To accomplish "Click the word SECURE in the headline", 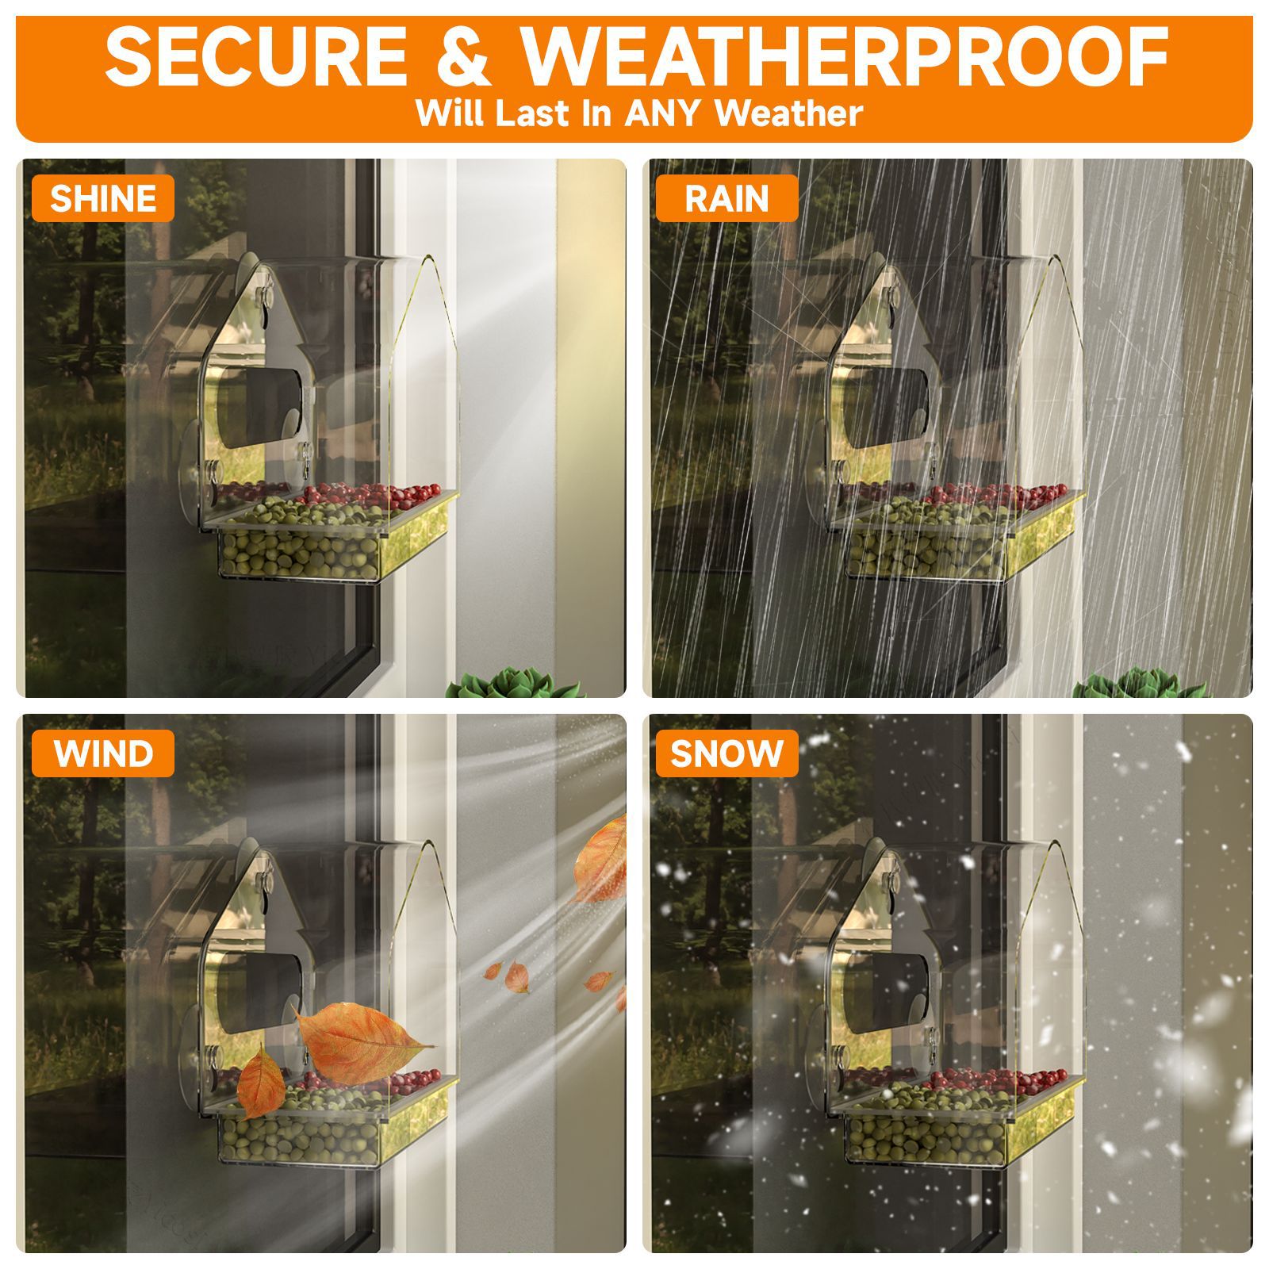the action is pyautogui.click(x=256, y=57).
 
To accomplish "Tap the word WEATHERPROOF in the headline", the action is pyautogui.click(x=845, y=57).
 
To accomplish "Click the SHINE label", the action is pyautogui.click(x=103, y=198).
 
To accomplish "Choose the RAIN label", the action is pyautogui.click(x=727, y=198).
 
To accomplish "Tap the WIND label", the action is pyautogui.click(x=103, y=753).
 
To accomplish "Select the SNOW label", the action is pyautogui.click(x=727, y=753).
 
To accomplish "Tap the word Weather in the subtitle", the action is pyautogui.click(x=788, y=113).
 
